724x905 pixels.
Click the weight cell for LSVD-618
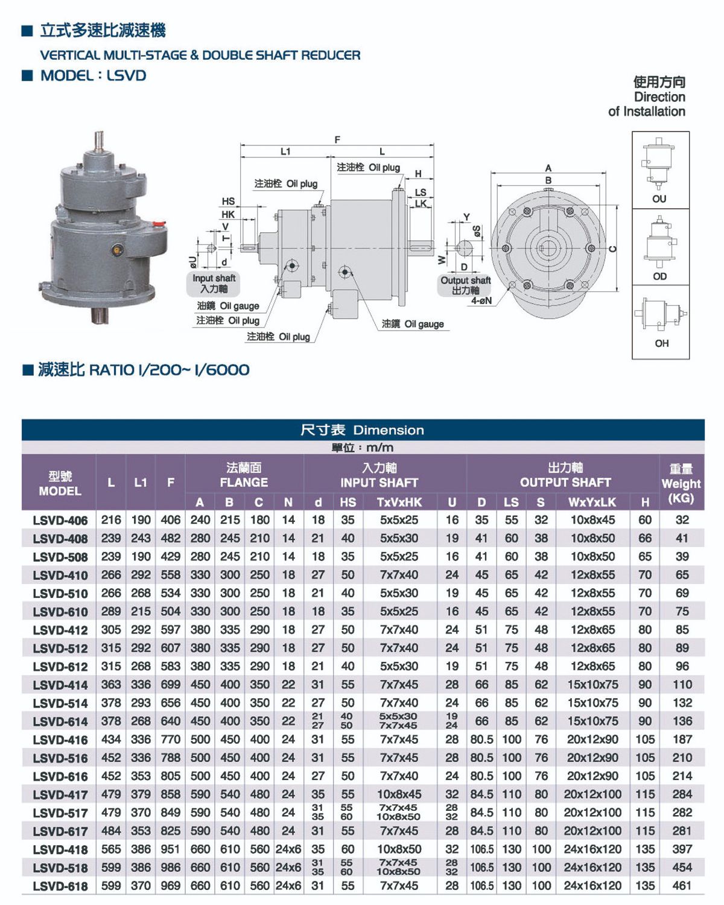pos(682,886)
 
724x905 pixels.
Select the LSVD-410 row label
pos(60,576)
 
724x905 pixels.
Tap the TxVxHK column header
pos(399,502)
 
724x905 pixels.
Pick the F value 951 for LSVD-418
pos(170,849)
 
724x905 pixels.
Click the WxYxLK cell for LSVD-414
pos(592,685)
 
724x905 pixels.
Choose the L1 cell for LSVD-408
pos(141,538)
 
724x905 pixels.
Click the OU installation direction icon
pos(658,164)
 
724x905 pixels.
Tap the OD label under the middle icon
pos(659,276)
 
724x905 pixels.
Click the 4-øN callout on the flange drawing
pos(481,300)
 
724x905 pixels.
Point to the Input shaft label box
pos(214,284)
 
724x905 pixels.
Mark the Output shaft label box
pos(465,285)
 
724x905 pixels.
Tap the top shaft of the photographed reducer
pos(100,141)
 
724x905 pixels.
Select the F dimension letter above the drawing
pos(337,139)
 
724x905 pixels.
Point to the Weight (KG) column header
pos(681,484)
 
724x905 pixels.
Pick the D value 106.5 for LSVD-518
pos(481,868)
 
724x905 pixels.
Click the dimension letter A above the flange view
pos(548,168)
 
